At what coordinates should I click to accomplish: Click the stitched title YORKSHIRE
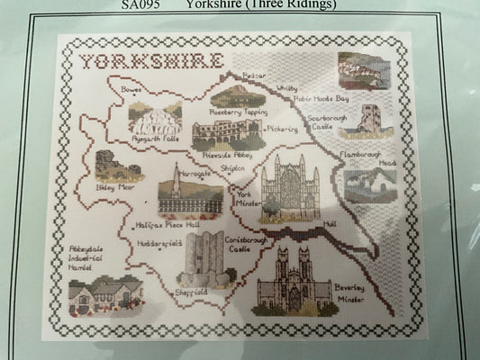coord(150,61)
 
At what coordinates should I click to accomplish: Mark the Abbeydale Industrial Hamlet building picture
coord(105,293)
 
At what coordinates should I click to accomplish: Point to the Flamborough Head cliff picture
coord(370,184)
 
